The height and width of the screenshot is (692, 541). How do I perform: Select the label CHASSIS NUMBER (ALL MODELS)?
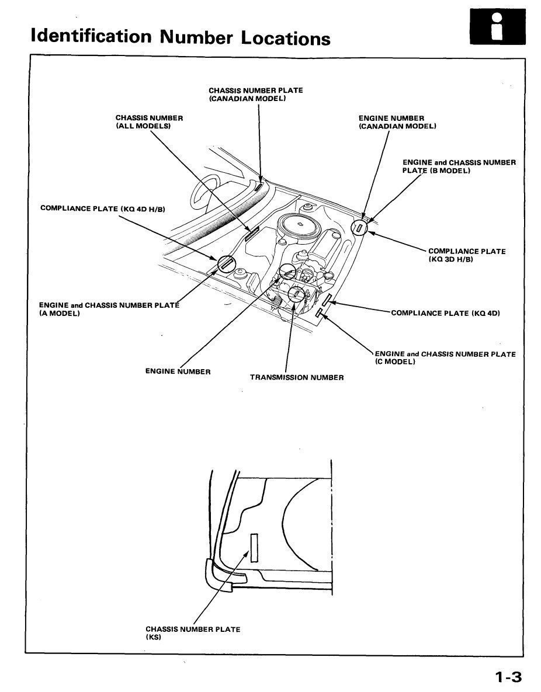coord(149,122)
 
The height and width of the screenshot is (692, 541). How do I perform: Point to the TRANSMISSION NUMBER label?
coord(297,377)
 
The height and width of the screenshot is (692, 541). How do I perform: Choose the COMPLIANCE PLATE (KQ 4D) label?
coord(445,313)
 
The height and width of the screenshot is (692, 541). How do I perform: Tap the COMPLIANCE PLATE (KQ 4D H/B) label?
coord(103,208)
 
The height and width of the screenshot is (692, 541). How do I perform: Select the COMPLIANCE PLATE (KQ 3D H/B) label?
coord(466,255)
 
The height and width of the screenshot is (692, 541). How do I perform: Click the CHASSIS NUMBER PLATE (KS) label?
coord(192,633)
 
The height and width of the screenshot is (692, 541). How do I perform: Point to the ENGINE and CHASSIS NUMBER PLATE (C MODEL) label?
coord(445,357)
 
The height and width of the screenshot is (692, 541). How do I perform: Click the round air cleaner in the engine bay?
coord(299,225)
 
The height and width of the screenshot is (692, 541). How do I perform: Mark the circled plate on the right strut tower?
coord(359,227)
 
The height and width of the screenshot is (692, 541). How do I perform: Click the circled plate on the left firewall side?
coord(226,265)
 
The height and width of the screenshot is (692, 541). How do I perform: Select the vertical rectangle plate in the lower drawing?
coord(254,548)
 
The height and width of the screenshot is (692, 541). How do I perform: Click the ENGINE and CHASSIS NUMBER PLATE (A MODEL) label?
coord(108,309)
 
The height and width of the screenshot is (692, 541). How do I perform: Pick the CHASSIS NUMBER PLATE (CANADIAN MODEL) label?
coord(255,95)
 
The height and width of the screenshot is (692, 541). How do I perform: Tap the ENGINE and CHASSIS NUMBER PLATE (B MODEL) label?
coord(459,166)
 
